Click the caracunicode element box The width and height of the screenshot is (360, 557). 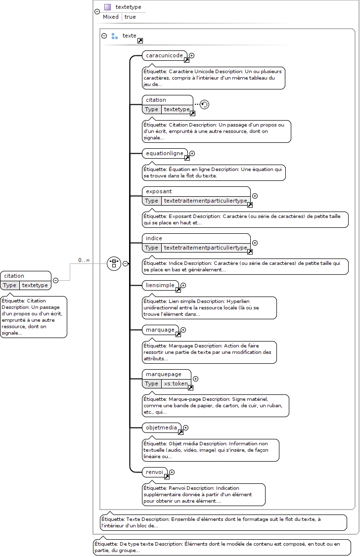[165, 55]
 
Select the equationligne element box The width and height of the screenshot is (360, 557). [165, 153]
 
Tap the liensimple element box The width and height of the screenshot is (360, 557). [161, 285]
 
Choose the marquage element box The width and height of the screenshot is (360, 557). [161, 330]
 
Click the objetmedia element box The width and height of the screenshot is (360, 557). [162, 428]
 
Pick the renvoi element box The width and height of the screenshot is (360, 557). [155, 472]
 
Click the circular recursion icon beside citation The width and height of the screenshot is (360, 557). [204, 104]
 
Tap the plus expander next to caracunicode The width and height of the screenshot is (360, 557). [191, 55]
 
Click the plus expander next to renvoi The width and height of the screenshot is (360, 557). [172, 472]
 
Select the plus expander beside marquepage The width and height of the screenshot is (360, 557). [195, 379]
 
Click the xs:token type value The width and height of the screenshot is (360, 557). [176, 384]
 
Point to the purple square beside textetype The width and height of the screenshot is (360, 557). [108, 7]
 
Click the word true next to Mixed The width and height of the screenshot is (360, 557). [130, 17]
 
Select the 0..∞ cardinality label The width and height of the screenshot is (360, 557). [84, 260]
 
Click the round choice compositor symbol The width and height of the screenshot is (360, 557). [114, 263]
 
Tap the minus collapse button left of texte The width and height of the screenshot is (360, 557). [104, 36]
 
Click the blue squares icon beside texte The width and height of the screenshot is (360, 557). [114, 36]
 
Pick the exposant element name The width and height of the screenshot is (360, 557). [159, 191]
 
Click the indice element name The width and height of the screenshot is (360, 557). [154, 238]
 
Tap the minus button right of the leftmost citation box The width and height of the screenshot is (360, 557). [55, 281]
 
